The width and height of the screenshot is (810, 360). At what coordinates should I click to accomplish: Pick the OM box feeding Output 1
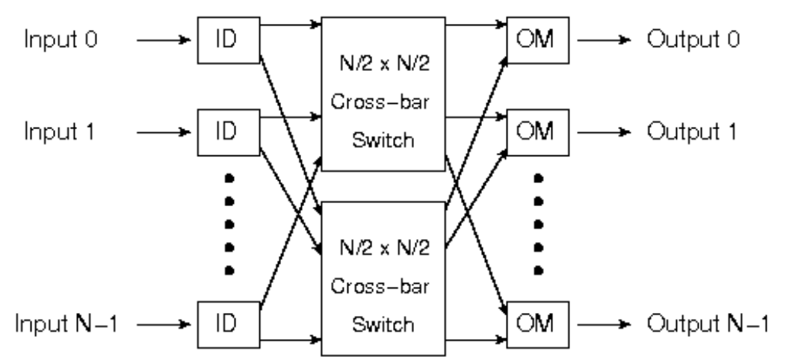pyautogui.click(x=538, y=132)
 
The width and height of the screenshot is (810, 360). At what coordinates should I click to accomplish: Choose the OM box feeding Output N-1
pyautogui.click(x=538, y=323)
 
